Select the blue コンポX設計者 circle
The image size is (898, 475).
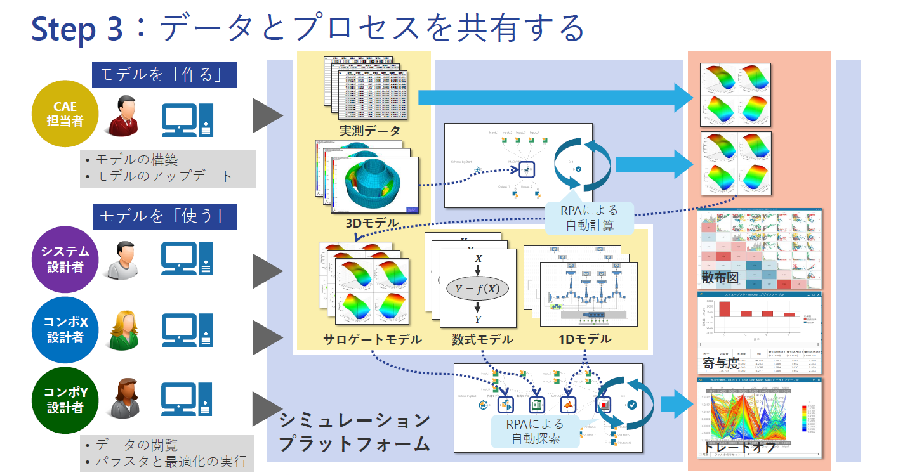[65, 330]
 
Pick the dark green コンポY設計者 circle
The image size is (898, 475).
[65, 400]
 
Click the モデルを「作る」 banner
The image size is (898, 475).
[164, 74]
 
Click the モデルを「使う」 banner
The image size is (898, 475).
[164, 216]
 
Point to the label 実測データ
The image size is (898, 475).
[370, 131]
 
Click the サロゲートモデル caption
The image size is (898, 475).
[372, 339]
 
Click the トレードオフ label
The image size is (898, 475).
[740, 447]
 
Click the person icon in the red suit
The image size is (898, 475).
[122, 116]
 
